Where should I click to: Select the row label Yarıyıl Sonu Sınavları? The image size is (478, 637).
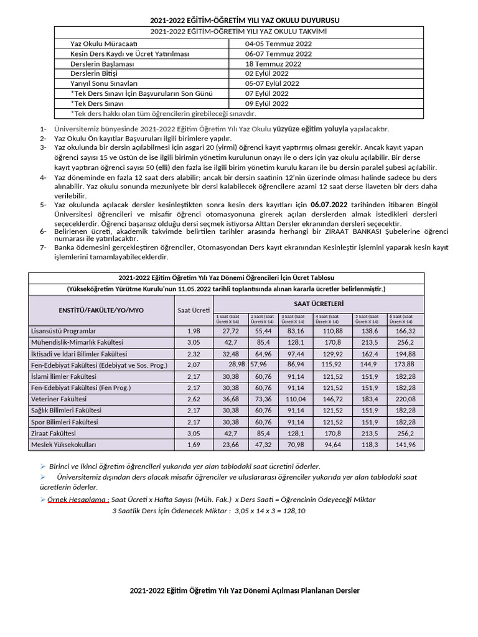[104, 83]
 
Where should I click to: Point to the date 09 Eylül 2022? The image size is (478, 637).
[267, 103]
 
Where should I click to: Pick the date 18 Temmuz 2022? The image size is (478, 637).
[273, 63]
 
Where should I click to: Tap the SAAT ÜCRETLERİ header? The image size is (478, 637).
[319, 303]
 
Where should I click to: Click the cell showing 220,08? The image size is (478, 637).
[405, 399]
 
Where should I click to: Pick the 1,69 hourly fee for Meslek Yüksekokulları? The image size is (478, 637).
[193, 445]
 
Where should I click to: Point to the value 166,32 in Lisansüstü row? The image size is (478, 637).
[405, 331]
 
